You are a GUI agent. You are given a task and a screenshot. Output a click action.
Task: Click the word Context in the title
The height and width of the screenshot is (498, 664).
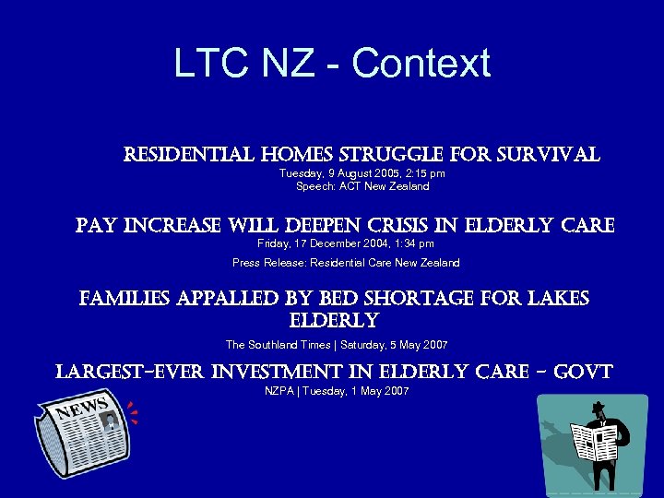point(421,64)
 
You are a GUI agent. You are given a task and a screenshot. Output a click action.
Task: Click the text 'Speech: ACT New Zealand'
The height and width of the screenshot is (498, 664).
point(362,186)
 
